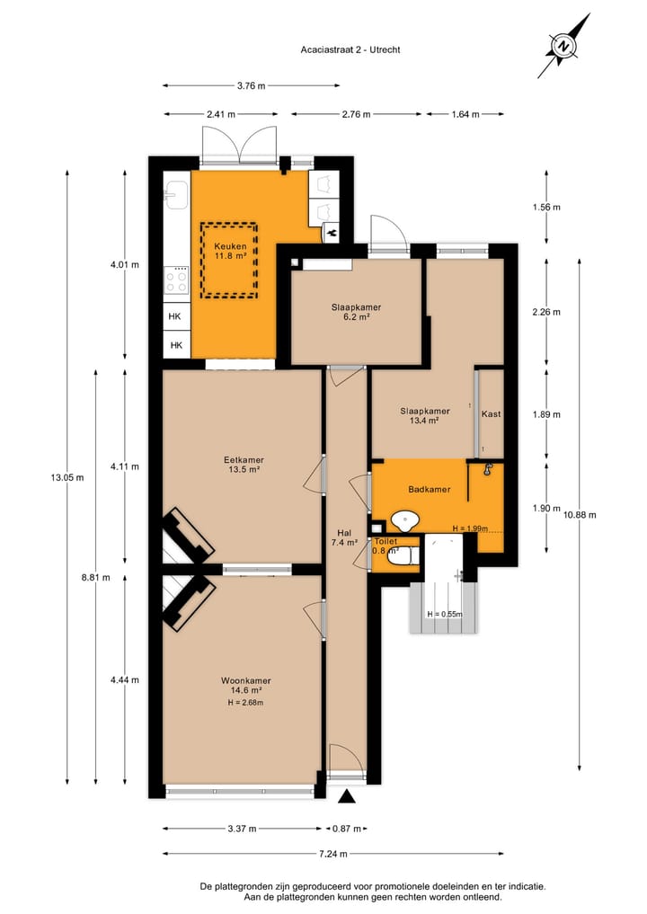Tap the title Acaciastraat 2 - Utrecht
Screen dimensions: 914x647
coord(351,49)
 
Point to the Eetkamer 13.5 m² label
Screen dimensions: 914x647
coord(243,465)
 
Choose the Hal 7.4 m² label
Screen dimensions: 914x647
coord(345,537)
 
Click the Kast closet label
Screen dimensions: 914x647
coord(491,414)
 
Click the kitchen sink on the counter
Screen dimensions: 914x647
coord(176,195)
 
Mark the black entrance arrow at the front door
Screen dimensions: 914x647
coord(346,796)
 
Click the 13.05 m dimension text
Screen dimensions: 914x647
coord(67,477)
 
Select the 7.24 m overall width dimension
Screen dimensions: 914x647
coord(333,854)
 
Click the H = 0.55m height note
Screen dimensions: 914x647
coord(445,615)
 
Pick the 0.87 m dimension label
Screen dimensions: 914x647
coord(347,829)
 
